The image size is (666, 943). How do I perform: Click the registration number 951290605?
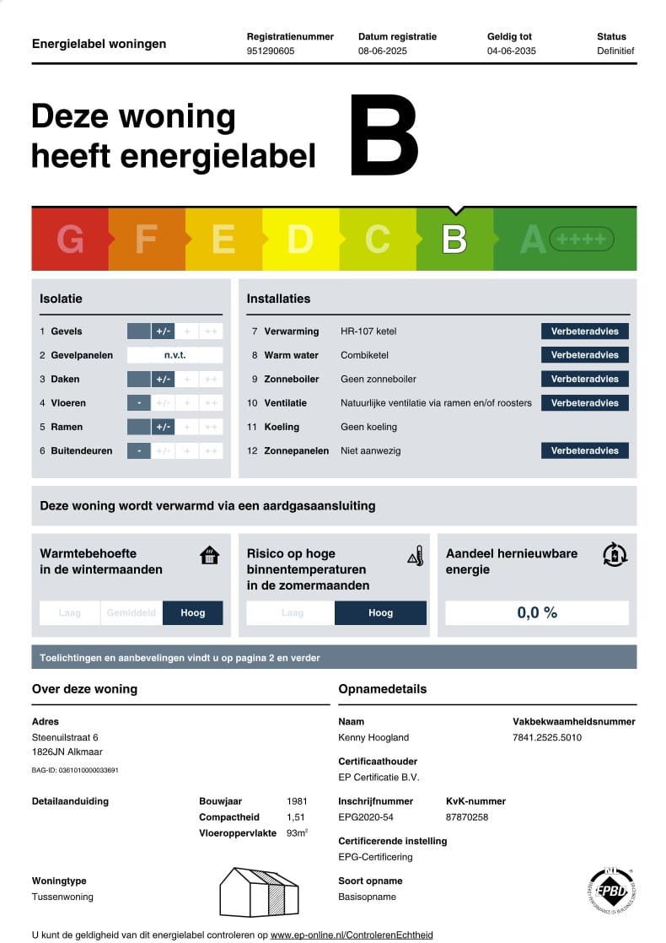tap(271, 51)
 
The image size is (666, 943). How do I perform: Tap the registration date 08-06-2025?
tap(383, 51)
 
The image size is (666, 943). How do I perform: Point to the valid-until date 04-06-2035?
tap(512, 51)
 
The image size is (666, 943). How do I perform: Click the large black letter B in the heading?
tap(384, 137)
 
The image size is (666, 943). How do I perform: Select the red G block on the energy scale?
tap(70, 240)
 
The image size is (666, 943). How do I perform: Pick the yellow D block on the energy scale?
tap(300, 240)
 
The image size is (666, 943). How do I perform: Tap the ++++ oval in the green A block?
tap(582, 240)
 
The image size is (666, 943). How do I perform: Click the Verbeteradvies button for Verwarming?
tap(584, 331)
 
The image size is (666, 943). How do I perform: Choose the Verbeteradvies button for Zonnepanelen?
tap(584, 450)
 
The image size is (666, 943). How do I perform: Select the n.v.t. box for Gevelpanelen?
tap(175, 355)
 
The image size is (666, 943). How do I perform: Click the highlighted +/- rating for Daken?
tap(163, 379)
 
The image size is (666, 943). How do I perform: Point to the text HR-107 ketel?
tap(368, 331)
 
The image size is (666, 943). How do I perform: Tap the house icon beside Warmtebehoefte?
tap(209, 556)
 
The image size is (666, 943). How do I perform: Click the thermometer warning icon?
tap(414, 556)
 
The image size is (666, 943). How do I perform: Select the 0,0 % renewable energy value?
tap(537, 612)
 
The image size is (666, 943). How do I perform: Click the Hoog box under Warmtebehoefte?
tap(193, 612)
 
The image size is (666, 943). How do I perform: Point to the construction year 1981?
tap(297, 801)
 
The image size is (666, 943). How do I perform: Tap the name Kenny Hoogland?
tap(373, 737)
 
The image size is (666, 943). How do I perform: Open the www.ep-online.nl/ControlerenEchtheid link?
tap(352, 935)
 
